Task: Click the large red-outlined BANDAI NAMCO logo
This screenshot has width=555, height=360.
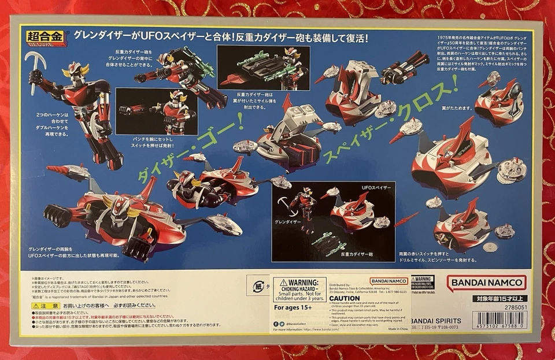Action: tap(486, 283)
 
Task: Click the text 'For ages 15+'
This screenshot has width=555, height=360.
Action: tap(293, 308)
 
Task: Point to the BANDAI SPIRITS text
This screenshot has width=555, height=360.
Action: tap(431, 321)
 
